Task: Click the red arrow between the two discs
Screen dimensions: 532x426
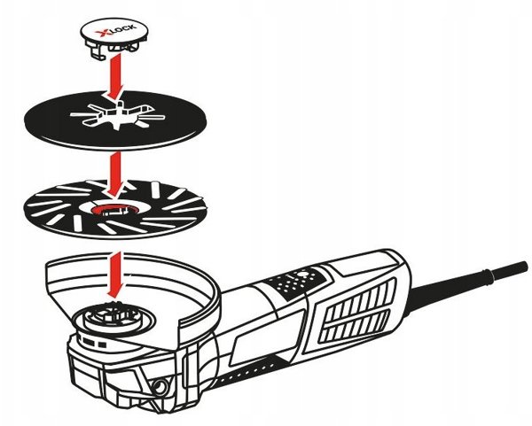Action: [x=115, y=174]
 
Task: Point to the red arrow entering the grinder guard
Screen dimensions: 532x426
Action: [x=113, y=274]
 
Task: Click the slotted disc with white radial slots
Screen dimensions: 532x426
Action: [x=115, y=208]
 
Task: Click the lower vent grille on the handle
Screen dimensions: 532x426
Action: [x=356, y=326]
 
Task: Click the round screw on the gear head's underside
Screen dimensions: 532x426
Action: [x=159, y=385]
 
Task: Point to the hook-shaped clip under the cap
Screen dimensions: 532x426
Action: [x=97, y=51]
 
